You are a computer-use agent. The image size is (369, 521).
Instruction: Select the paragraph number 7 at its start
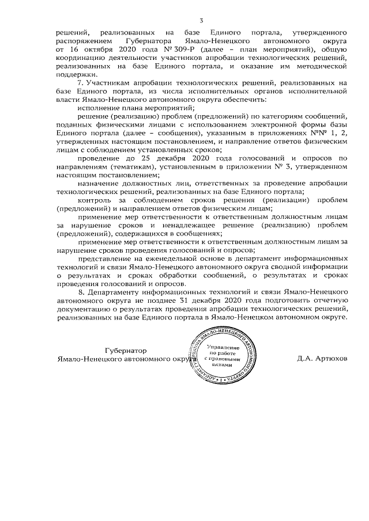(79, 84)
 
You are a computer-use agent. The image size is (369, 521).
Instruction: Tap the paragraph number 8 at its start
(79, 292)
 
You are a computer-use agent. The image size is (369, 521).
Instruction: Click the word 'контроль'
(96, 199)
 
